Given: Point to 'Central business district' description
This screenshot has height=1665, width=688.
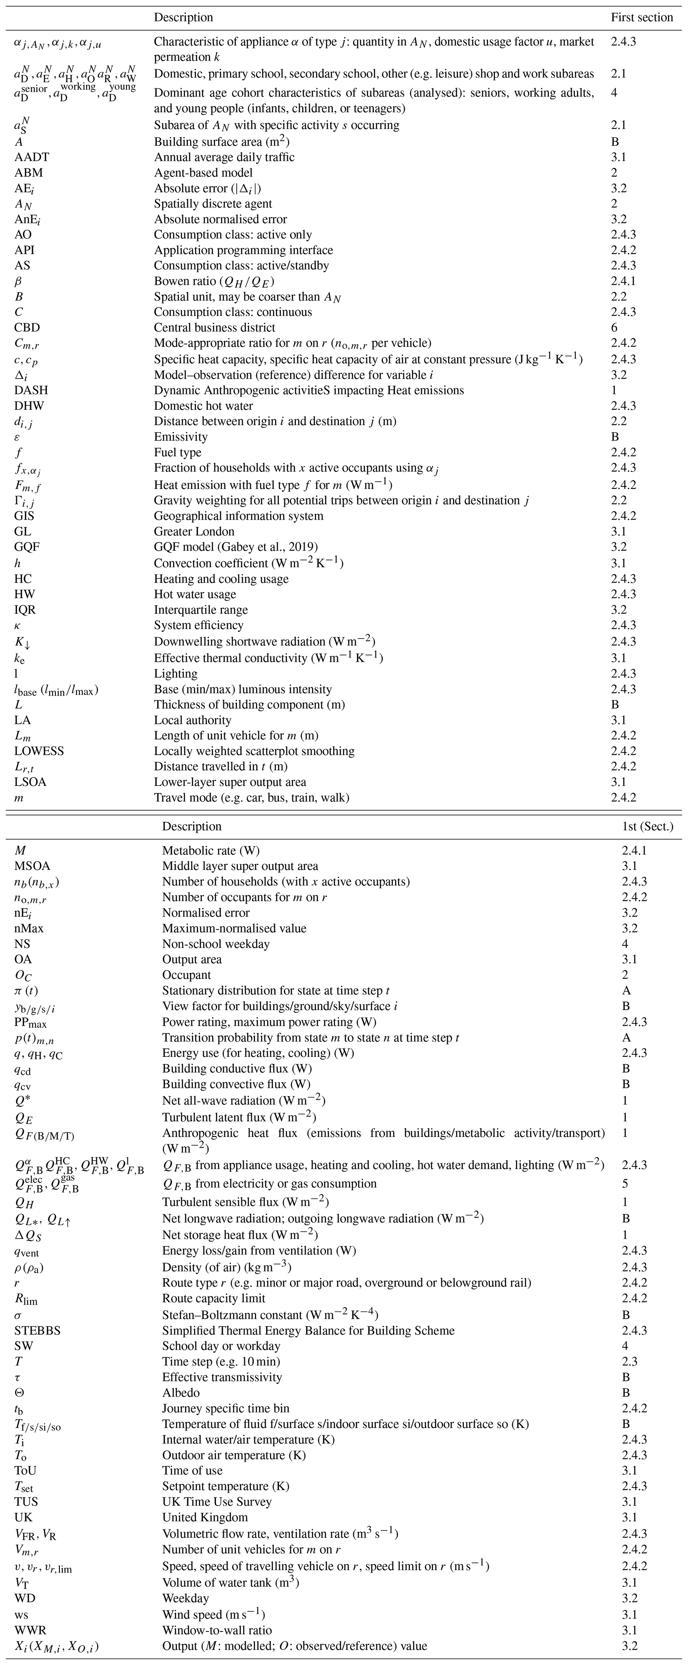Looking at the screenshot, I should (215, 328).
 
